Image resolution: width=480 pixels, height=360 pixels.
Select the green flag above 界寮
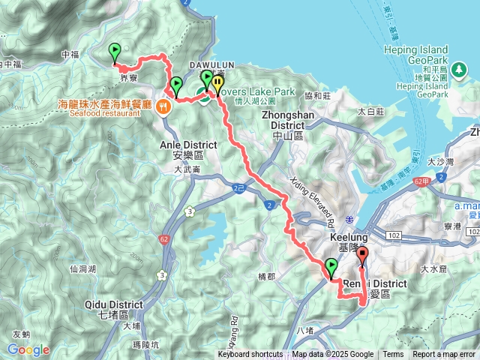[115, 52]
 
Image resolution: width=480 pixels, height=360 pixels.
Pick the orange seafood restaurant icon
[163, 106]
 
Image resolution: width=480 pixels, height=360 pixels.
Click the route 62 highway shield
[164, 239]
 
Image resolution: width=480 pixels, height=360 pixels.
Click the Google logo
[28, 349]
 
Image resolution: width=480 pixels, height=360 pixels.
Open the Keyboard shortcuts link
[251, 355]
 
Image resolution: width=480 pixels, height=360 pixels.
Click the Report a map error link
[444, 355]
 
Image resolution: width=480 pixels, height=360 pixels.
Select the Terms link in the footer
[393, 355]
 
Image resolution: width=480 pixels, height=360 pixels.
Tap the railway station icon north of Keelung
[349, 219]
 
